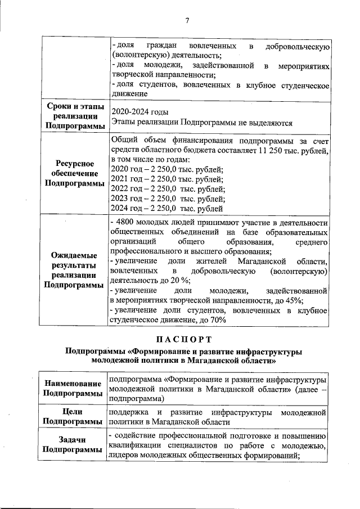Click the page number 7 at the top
(x=187, y=21)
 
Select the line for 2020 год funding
(x=168, y=169)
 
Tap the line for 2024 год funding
(x=168, y=209)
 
